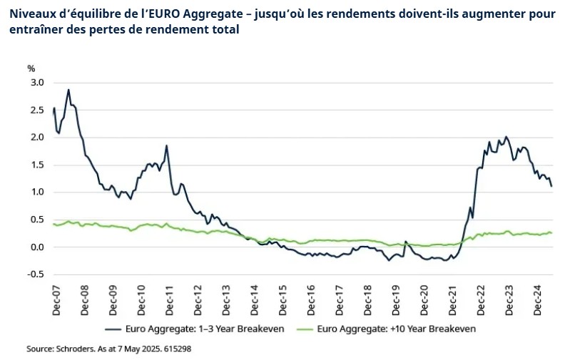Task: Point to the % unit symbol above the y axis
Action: coord(31,68)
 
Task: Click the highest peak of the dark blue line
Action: coord(68,90)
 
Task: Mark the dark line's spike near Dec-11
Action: coord(166,146)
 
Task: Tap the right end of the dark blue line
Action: coord(551,186)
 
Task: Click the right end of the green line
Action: coord(551,233)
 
